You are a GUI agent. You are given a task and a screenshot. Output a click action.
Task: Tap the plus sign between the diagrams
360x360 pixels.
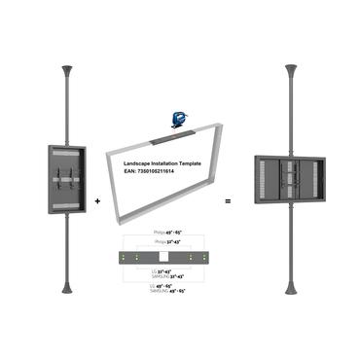pos(98,200)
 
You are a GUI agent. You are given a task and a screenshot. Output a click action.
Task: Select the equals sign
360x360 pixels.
pos(230,200)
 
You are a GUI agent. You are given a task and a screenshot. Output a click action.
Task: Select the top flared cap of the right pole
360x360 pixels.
pos(290,71)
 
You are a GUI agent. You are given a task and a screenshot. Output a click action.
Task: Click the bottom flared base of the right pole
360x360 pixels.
pos(290,288)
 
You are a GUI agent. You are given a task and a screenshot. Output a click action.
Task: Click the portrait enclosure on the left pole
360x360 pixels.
pos(64,178)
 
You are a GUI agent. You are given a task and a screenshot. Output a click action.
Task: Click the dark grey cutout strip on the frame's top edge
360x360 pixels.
pos(178,127)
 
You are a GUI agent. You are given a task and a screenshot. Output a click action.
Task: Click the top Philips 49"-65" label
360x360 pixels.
pos(167,234)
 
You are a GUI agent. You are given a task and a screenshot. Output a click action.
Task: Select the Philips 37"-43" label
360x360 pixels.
pos(167,242)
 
